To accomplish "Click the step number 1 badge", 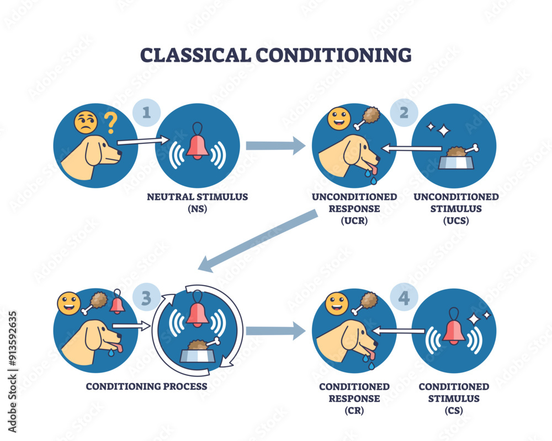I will (146, 113).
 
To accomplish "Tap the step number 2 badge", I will (404, 113).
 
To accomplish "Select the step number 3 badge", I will (146, 298).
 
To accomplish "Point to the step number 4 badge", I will (404, 298).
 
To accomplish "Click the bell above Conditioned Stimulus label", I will (454, 329).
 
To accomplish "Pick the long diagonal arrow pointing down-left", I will (259, 241).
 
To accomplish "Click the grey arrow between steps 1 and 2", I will (275, 146).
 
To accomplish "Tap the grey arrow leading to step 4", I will (275, 331).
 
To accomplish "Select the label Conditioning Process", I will (146, 386).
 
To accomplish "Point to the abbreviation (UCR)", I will (354, 220).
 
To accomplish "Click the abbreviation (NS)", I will (197, 209).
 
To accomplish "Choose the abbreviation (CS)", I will (453, 410).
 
